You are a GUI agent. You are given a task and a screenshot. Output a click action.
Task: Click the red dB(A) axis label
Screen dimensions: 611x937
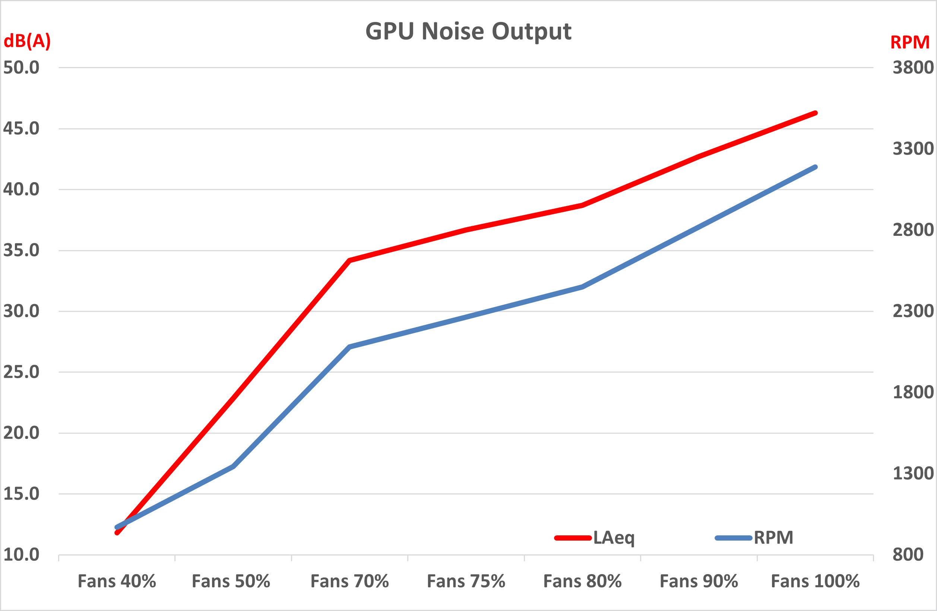pyautogui.click(x=27, y=41)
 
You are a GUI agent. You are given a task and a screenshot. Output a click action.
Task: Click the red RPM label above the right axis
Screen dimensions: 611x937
pyautogui.click(x=910, y=42)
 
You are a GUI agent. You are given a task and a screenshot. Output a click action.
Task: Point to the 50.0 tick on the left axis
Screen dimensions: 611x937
pyautogui.click(x=21, y=68)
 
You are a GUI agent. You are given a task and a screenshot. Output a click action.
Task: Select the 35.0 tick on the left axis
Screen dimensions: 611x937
pyautogui.click(x=21, y=250)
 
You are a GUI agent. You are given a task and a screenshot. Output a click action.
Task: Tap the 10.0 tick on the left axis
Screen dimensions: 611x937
pyautogui.click(x=21, y=555)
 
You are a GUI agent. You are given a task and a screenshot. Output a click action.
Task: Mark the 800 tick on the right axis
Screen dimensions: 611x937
pyautogui.click(x=908, y=555)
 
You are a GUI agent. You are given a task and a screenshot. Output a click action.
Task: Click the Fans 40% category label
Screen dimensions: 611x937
pyautogui.click(x=117, y=582)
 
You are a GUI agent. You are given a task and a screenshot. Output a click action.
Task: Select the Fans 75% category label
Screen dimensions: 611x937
pyautogui.click(x=466, y=582)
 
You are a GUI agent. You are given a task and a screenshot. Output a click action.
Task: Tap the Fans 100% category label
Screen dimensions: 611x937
pyautogui.click(x=815, y=582)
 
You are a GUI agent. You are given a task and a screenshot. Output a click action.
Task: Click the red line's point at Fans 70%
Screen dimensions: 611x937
pyautogui.click(x=349, y=260)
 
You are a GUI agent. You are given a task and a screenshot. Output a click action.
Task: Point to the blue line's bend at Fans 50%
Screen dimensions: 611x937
pyautogui.click(x=233, y=466)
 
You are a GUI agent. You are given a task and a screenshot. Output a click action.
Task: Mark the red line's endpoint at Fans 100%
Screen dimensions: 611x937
pyautogui.click(x=815, y=113)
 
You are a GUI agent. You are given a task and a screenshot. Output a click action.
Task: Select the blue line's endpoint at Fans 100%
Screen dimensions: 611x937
pyautogui.click(x=815, y=167)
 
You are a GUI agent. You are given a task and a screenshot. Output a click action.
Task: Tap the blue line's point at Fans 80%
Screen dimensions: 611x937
pyautogui.click(x=582, y=287)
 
